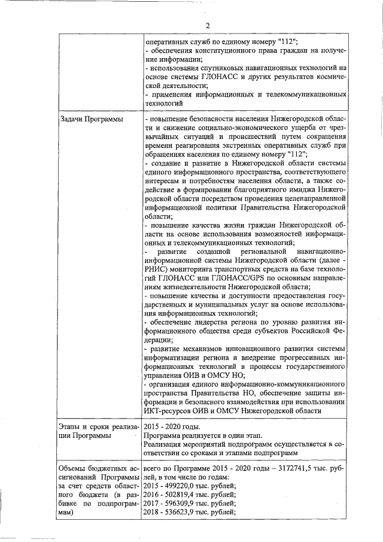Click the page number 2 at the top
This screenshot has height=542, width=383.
click(208, 25)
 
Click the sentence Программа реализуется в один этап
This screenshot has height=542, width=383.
click(202, 435)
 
